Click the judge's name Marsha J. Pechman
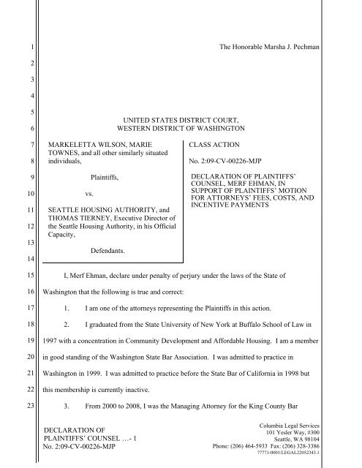[x=312, y=47]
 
